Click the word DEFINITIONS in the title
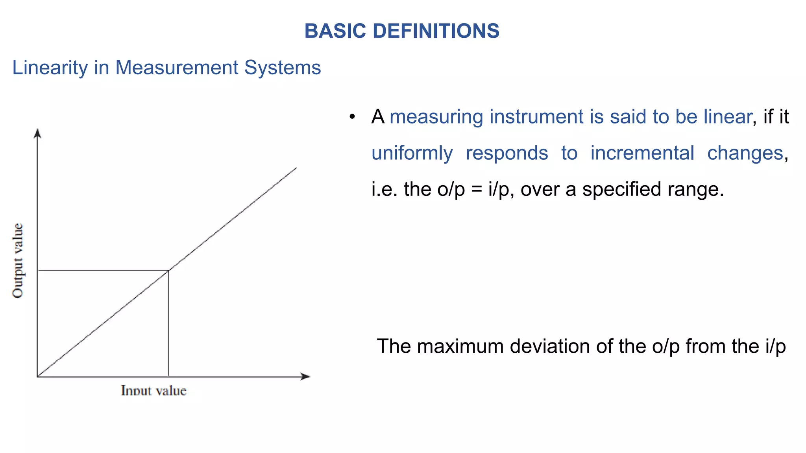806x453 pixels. [x=436, y=31]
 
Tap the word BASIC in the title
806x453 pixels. [x=335, y=31]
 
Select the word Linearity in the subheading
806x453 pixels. [x=50, y=68]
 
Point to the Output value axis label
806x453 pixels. [x=18, y=260]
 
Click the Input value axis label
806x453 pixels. [x=153, y=390]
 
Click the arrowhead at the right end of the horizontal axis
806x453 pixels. [x=306, y=377]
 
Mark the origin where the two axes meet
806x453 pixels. [x=37, y=377]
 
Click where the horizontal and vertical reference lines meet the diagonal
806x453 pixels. [x=169, y=270]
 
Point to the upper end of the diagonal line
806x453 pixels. [x=296, y=168]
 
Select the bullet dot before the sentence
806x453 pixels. [x=352, y=117]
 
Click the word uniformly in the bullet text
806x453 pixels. [x=412, y=153]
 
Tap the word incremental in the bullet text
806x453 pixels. [x=642, y=153]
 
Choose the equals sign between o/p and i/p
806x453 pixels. [x=477, y=189]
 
